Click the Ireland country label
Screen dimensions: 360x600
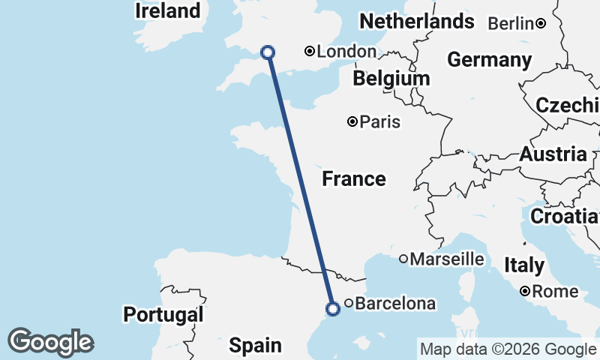pyautogui.click(x=168, y=11)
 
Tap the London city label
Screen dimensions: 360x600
pyautogui.click(x=346, y=52)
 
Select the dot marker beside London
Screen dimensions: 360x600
pyautogui.click(x=309, y=51)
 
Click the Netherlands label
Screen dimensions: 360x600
pyautogui.click(x=417, y=21)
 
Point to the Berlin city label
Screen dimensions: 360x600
pyautogui.click(x=511, y=24)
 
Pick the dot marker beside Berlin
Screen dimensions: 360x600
pyautogui.click(x=541, y=23)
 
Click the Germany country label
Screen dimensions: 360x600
pyautogui.click(x=489, y=59)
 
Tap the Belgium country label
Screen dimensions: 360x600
pyautogui.click(x=391, y=79)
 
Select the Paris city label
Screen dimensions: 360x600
pyautogui.click(x=380, y=121)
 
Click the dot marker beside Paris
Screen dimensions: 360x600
pyautogui.click(x=352, y=121)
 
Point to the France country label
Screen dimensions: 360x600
pyautogui.click(x=353, y=179)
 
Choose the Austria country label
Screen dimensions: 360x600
pyautogui.click(x=553, y=155)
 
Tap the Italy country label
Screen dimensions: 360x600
pyautogui.click(x=524, y=265)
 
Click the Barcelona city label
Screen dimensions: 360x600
pyautogui.click(x=394, y=304)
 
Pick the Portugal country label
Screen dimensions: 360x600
pyautogui.click(x=163, y=315)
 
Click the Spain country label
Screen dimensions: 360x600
pyautogui.click(x=255, y=346)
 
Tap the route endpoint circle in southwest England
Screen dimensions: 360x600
pyautogui.click(x=267, y=52)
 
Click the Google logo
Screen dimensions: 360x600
pyautogui.click(x=51, y=342)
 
